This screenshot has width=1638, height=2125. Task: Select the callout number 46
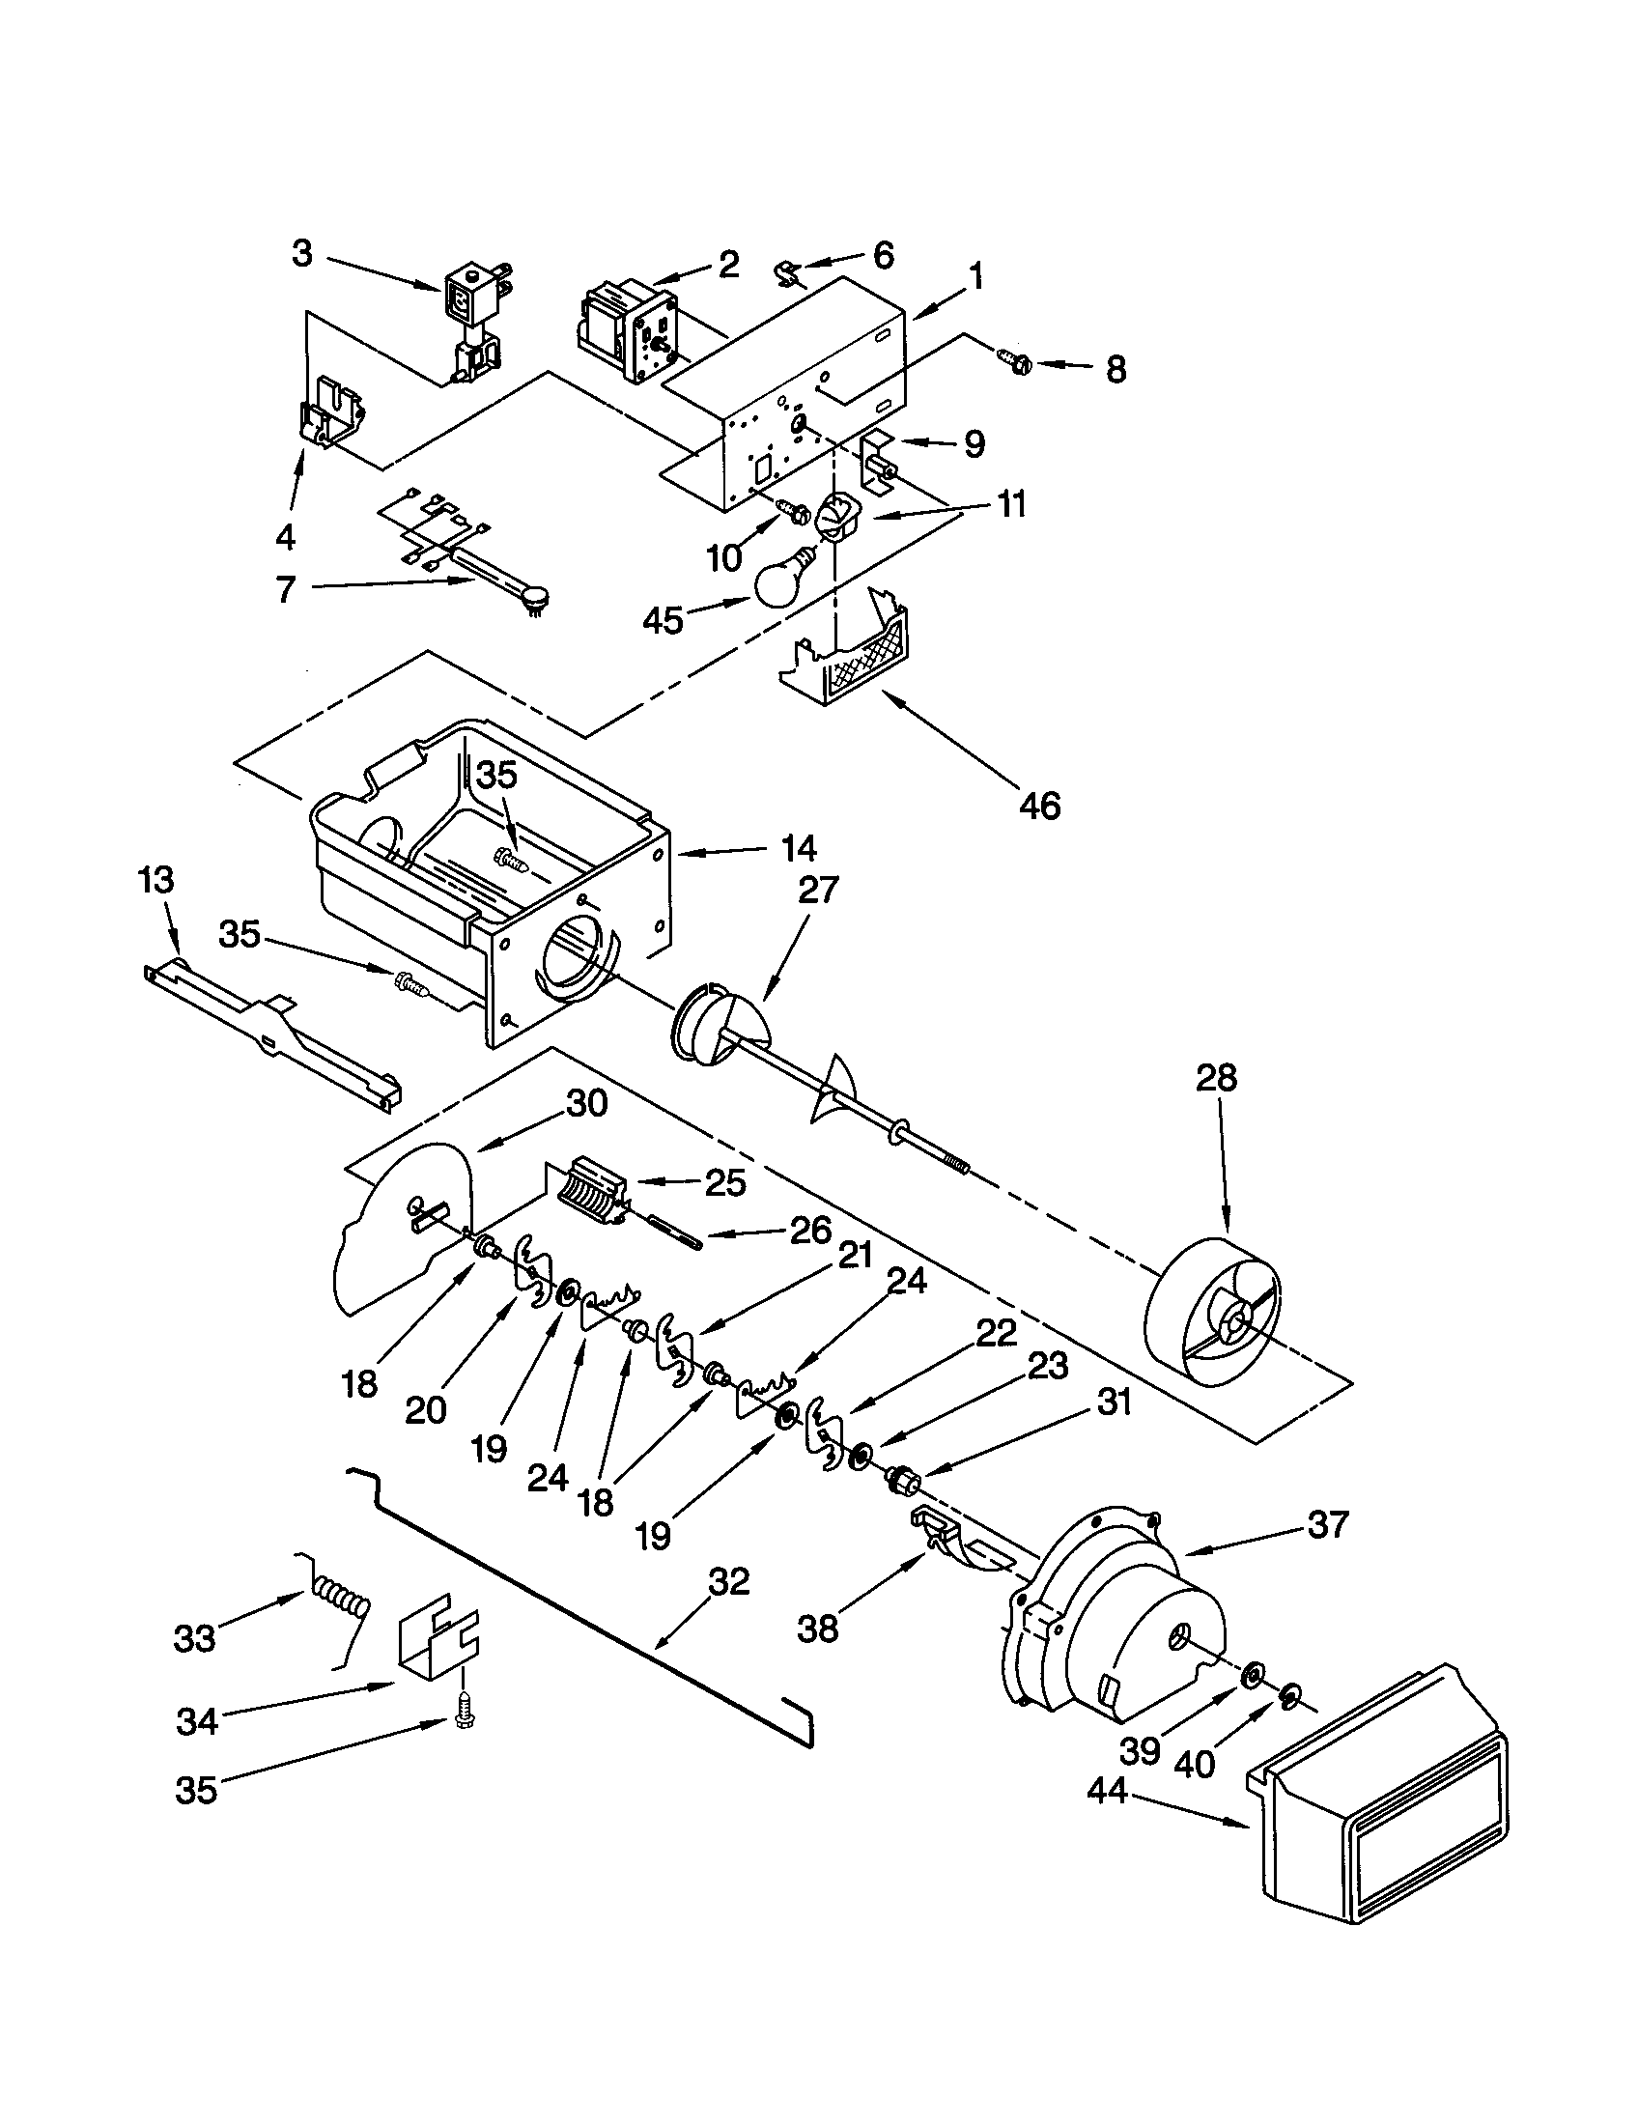(1039, 806)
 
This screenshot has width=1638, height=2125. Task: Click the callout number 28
(1216, 1079)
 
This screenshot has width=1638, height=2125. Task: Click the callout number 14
(799, 848)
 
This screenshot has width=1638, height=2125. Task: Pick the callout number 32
(728, 1582)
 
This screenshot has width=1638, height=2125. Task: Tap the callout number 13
(155, 881)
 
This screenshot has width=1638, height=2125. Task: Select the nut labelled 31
(904, 1484)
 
